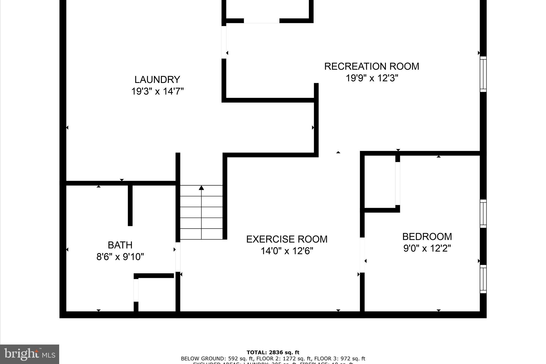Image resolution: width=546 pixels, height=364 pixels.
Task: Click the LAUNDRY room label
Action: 157,79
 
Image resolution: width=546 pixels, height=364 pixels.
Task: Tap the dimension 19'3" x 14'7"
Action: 157,91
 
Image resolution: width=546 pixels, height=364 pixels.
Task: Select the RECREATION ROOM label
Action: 371,66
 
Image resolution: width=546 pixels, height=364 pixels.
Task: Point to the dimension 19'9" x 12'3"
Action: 372,78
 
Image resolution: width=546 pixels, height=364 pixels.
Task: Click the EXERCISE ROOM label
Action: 287,239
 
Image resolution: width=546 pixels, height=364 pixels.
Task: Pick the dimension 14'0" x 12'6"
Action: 287,251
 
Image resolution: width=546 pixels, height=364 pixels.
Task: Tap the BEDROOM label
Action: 427,237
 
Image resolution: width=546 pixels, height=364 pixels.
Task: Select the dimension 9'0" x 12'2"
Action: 427,249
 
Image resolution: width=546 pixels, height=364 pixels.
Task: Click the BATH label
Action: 120,245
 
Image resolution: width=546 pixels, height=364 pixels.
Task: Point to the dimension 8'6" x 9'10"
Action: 120,257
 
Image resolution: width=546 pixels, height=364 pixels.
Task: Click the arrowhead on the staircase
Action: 201,188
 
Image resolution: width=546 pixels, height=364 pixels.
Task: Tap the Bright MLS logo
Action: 29,354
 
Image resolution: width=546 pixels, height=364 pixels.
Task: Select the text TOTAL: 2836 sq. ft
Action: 273,353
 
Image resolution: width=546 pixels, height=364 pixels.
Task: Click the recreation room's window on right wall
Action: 483,74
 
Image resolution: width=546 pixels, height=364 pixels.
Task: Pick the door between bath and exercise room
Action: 178,257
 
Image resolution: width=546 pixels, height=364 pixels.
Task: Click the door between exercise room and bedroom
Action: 362,255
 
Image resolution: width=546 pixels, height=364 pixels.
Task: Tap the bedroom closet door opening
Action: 398,183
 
